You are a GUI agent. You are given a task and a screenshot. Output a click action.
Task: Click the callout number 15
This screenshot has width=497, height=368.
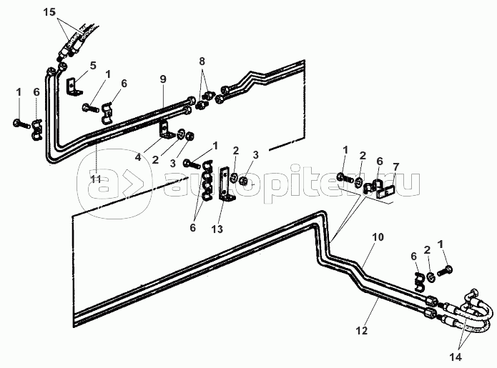pos(49,12)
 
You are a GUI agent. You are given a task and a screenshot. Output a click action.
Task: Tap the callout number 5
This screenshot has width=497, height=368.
pos(92,66)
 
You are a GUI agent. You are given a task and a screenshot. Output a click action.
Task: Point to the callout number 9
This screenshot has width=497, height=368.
pos(163,79)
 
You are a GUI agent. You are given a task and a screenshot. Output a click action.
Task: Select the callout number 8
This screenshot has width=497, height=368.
pos(202,61)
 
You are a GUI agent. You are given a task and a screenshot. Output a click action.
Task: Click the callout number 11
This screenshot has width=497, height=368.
pos(96,179)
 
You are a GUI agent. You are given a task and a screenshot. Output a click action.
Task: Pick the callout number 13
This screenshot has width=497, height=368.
pos(217,229)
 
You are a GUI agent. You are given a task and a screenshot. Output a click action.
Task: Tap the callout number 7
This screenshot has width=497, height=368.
pos(396,167)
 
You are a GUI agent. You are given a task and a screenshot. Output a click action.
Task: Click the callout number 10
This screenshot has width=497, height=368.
pos(378,237)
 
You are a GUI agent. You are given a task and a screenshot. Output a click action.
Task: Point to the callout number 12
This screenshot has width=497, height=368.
pos(361,330)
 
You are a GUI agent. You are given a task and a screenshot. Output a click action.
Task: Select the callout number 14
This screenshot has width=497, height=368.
pos(456,357)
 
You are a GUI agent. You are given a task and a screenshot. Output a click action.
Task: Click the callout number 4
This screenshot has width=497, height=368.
pos(138,157)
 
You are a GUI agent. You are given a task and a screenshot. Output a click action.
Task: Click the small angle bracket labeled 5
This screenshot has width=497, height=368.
pos(74,86)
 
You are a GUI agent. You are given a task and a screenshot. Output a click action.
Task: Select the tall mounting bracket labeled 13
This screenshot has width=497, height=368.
pos(226,184)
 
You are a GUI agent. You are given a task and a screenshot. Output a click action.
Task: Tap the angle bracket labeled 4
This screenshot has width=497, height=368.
pos(166,130)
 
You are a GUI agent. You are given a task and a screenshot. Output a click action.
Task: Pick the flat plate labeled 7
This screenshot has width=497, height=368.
pos(385,192)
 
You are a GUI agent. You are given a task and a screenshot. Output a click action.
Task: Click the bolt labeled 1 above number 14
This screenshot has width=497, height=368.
pos(445,271)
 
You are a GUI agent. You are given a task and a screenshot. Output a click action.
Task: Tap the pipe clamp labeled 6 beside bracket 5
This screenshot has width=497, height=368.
pos(108,113)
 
